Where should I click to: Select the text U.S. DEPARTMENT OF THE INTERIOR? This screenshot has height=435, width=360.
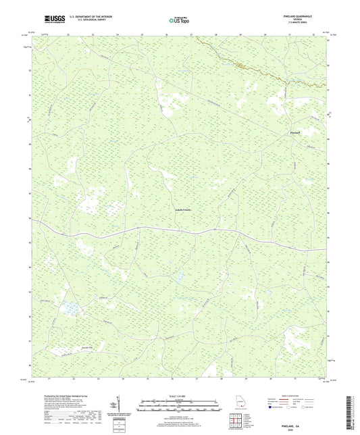coord(82,18)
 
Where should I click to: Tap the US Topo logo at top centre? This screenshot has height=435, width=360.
coord(178,20)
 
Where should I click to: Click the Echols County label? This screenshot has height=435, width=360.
coord(180,210)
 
